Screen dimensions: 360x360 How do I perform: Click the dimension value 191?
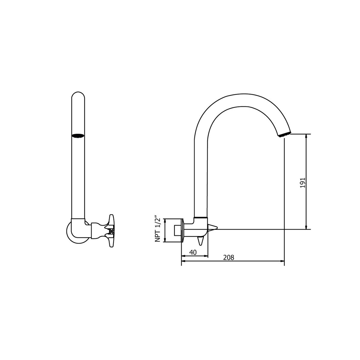point(302,183)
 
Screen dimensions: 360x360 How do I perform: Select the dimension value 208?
point(229,258)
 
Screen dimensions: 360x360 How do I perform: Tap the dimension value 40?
point(193,252)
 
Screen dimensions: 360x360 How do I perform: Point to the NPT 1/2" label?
point(158,229)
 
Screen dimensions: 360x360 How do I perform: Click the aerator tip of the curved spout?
point(284,135)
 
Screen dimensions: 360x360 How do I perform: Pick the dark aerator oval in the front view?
point(78,136)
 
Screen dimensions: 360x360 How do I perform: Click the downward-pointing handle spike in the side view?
point(200,241)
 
